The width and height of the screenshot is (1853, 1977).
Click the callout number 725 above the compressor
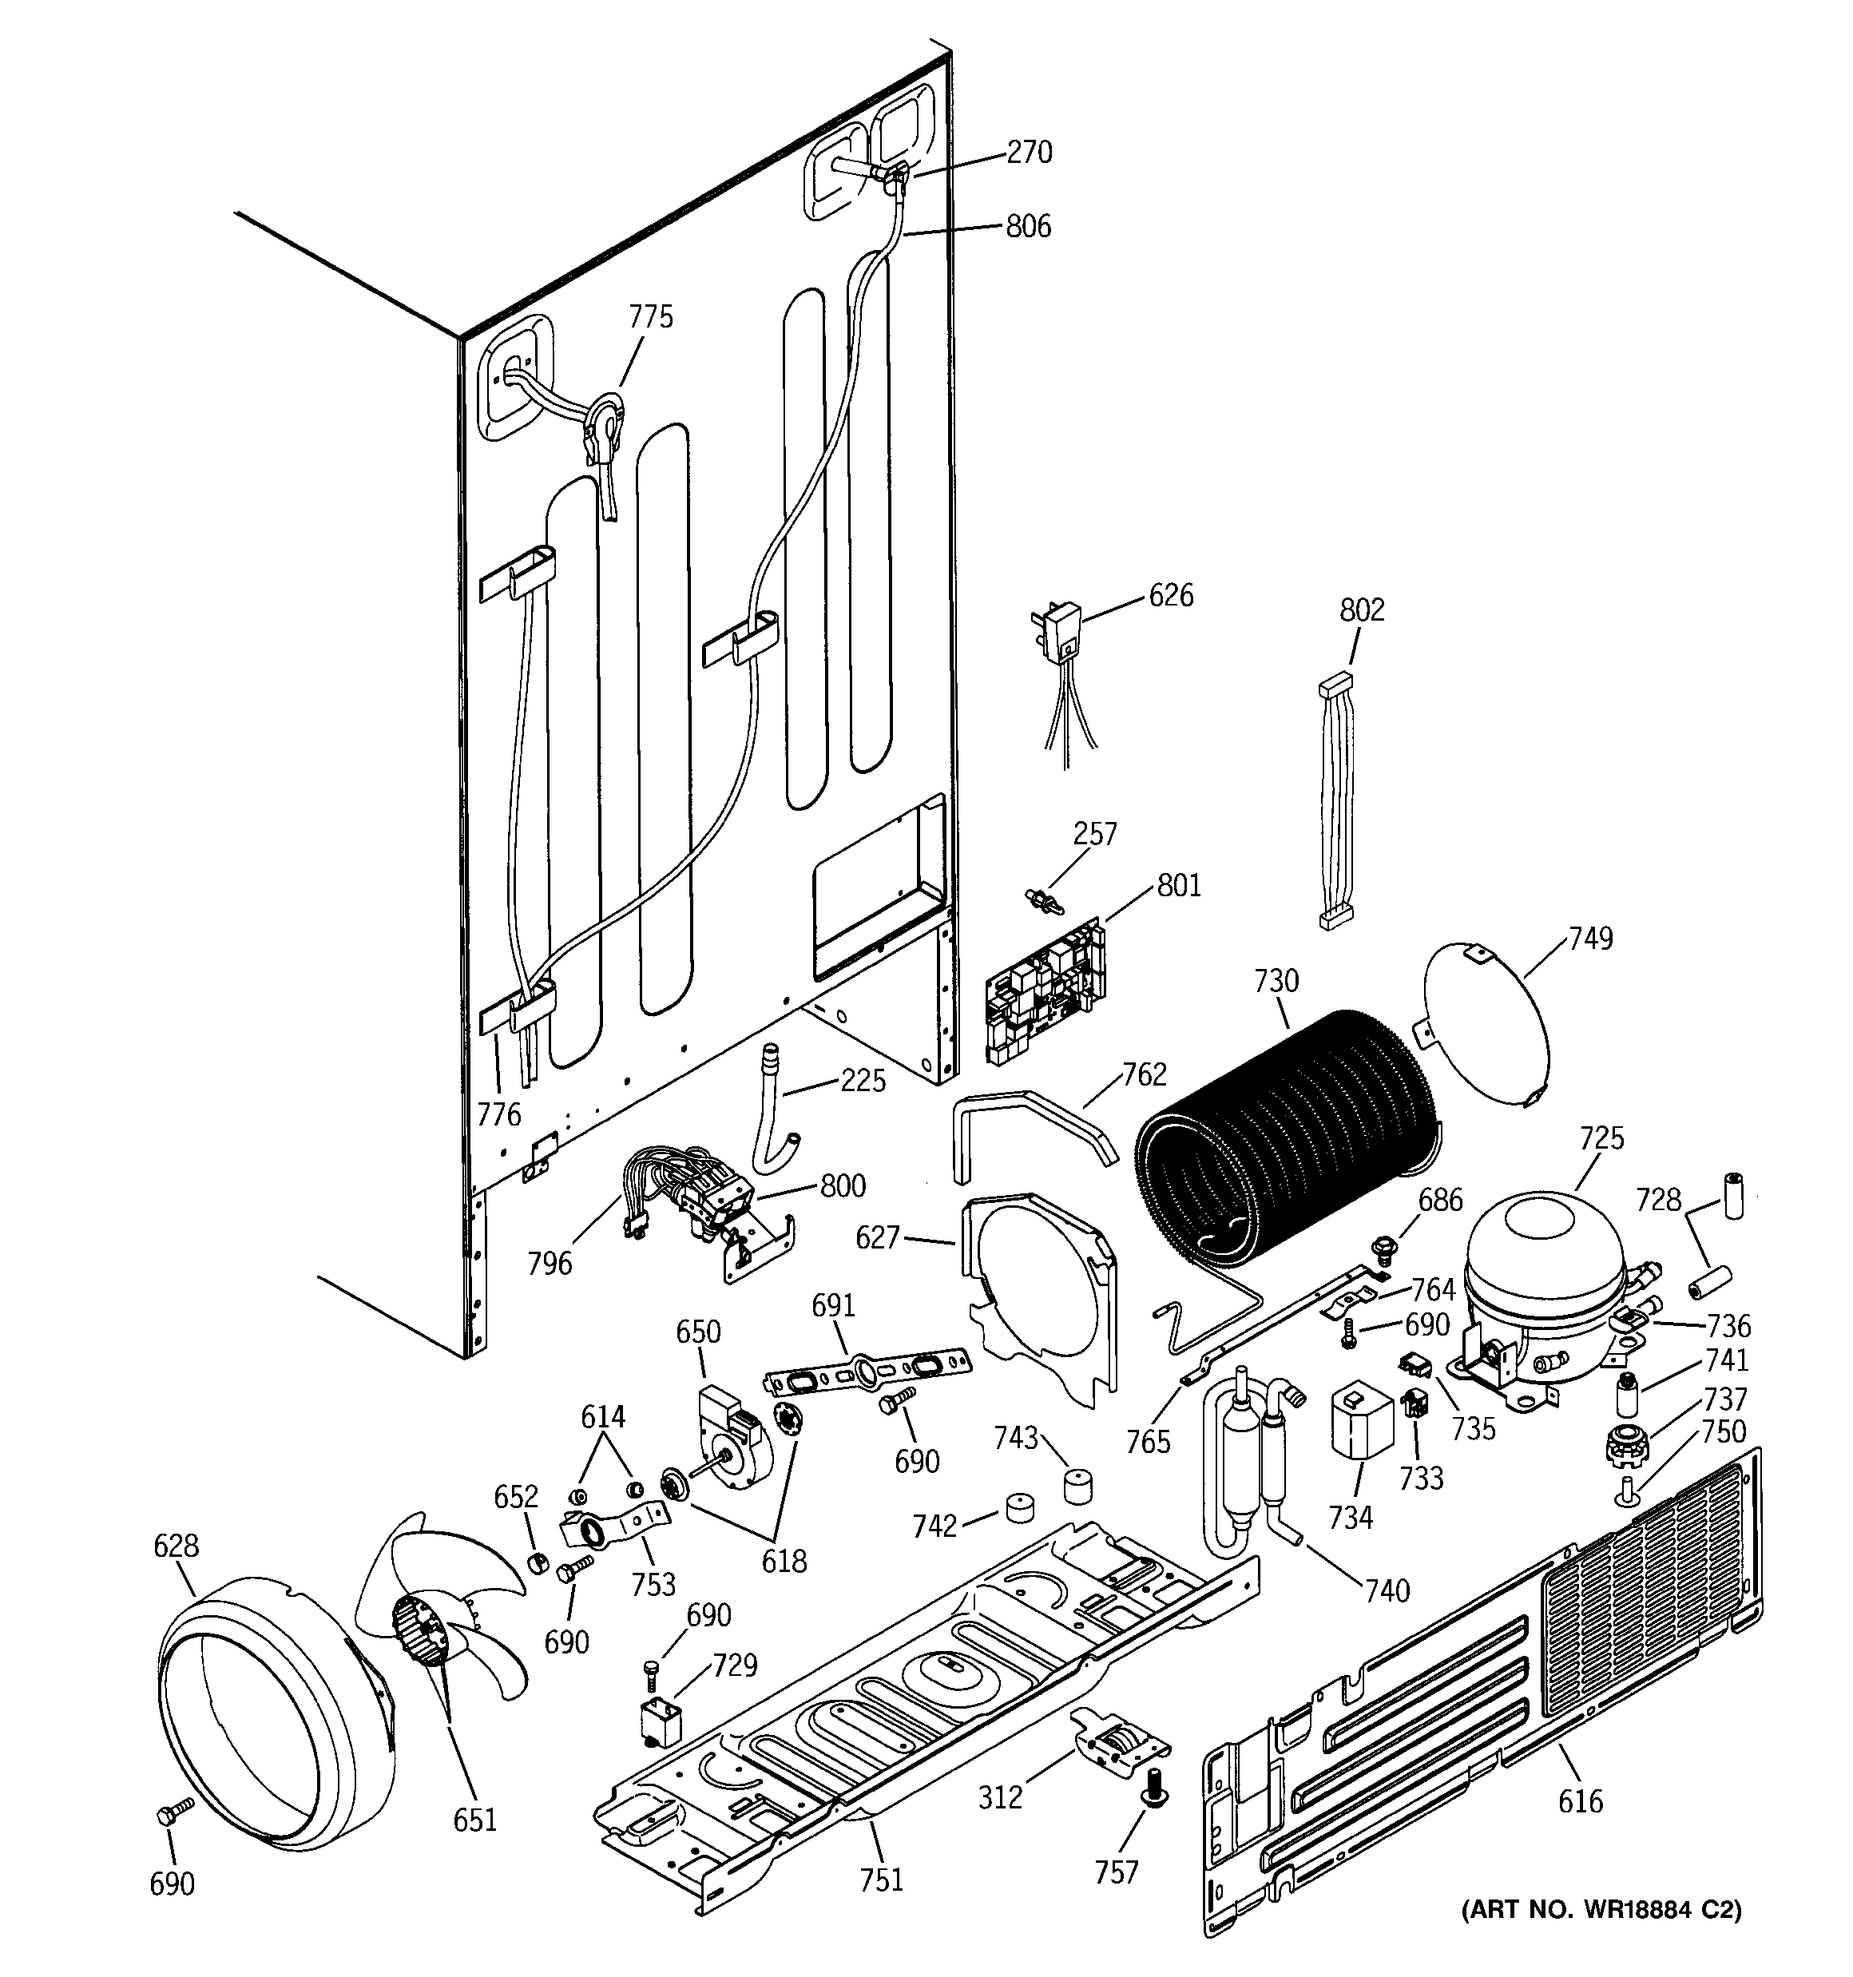tap(1601, 1137)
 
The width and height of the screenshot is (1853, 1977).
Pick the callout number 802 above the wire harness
tap(1362, 609)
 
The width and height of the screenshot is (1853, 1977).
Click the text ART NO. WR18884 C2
tap(1601, 1909)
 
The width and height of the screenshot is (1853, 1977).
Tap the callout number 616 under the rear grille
tap(1581, 1800)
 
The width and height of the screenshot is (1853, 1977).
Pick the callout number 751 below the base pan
tap(881, 1879)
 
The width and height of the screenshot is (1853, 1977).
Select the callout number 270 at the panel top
tap(1030, 152)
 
